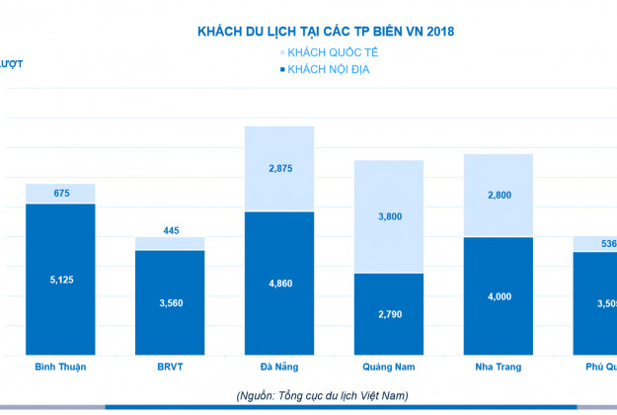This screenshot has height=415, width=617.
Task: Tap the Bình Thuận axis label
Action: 60,367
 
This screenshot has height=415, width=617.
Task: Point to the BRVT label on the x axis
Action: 170,367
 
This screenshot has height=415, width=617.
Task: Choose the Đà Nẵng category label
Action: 279,367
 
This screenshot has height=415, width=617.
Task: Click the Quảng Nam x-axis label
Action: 389,367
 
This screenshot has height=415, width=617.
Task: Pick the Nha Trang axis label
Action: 499,367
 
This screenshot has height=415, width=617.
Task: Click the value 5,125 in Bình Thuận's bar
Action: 60,280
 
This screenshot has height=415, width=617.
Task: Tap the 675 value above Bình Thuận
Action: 60,194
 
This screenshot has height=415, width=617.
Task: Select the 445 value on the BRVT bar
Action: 170,231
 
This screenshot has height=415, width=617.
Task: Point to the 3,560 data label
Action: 170,302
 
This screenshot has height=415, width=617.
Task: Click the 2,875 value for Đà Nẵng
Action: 279,169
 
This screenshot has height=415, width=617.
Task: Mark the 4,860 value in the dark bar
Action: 279,284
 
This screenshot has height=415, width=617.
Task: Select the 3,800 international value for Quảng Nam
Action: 389,216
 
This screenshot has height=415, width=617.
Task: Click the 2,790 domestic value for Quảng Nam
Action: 389,314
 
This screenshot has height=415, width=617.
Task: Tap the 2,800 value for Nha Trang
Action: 499,196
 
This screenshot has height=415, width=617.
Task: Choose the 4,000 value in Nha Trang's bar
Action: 499,296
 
